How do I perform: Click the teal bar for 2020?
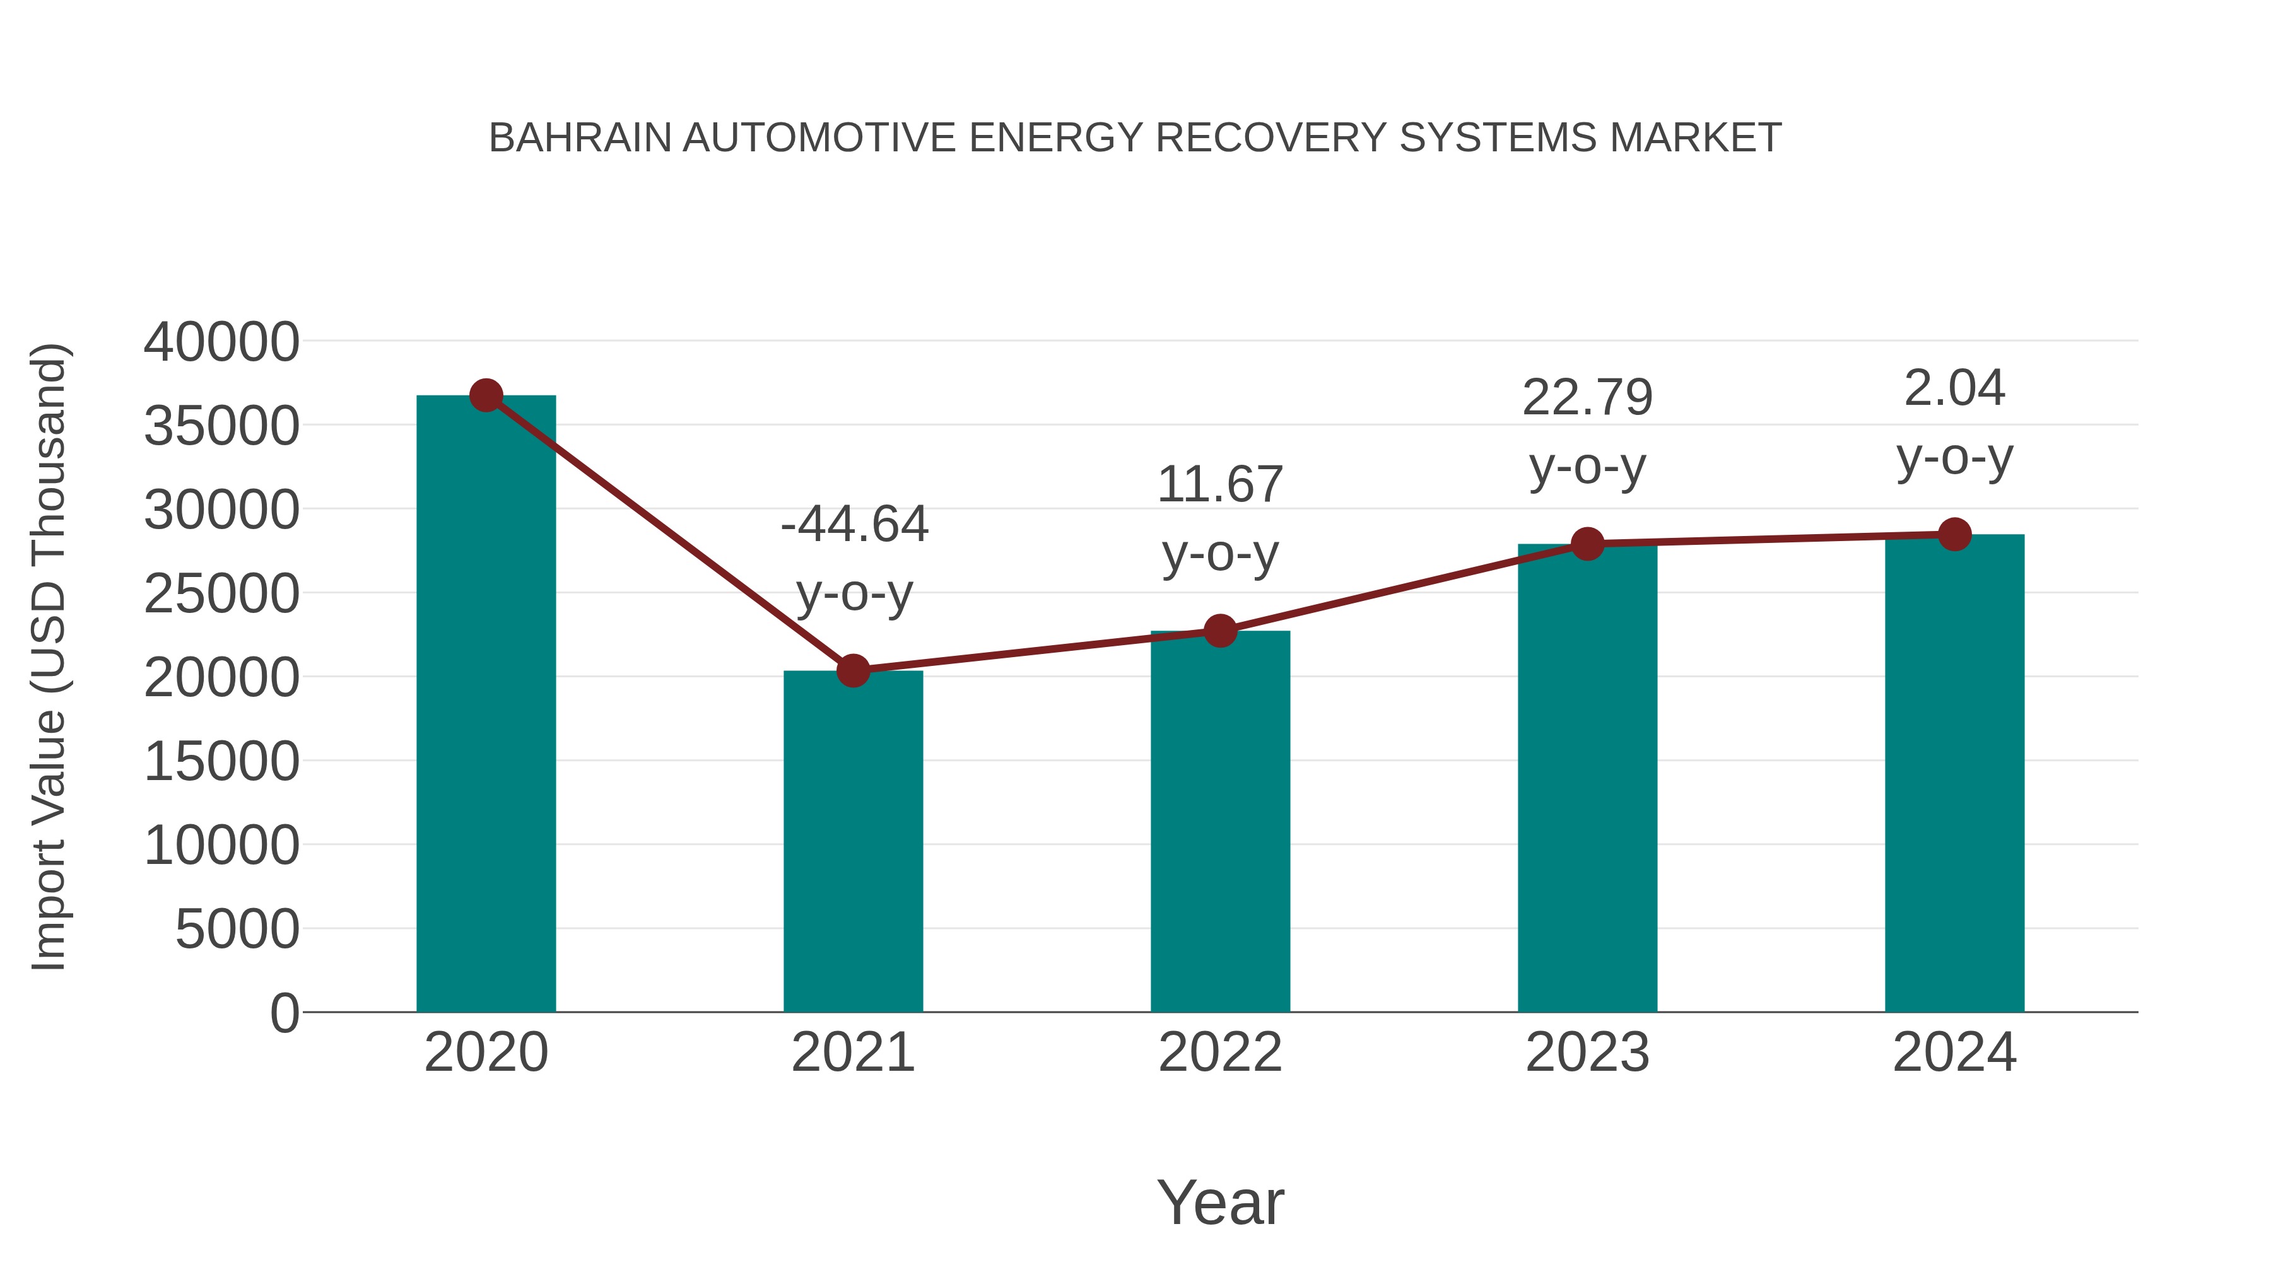click(x=486, y=705)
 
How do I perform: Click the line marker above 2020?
click(x=486, y=395)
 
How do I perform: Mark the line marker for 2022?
click(x=1220, y=631)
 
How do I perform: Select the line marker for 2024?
click(x=1954, y=534)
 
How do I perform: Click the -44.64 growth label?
click(x=854, y=525)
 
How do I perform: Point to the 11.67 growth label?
click(x=1220, y=486)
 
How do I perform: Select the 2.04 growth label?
click(x=1954, y=388)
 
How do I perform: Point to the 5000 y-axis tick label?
click(x=237, y=929)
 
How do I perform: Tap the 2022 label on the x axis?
click(x=1220, y=1053)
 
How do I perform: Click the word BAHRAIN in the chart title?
click(x=579, y=138)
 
